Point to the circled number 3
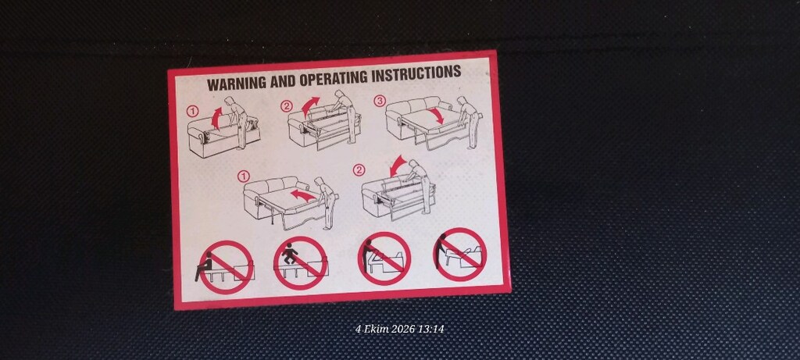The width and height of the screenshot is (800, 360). click(379, 101)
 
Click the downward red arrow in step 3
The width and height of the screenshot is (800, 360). click(436, 116)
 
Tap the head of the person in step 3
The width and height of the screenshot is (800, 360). click(461, 100)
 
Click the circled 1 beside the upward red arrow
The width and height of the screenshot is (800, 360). click(192, 111)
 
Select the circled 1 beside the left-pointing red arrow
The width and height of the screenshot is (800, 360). click(244, 176)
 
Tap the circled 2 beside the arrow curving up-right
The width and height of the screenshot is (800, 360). click(286, 105)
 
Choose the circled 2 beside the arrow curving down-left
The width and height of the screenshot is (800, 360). click(359, 169)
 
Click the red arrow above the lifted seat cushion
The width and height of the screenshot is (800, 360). click(216, 118)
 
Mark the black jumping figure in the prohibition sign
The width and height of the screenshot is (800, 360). click(291, 253)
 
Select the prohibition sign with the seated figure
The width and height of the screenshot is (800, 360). click(226, 267)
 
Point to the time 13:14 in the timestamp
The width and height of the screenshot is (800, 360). click(430, 329)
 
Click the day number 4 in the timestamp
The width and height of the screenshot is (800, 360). click(358, 329)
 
